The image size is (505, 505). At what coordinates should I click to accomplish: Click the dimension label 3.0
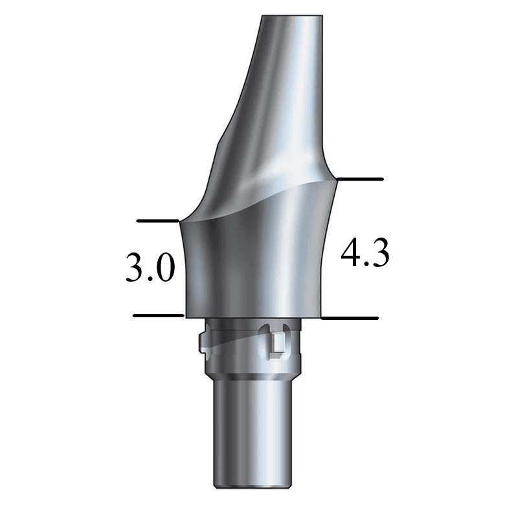pos(150,269)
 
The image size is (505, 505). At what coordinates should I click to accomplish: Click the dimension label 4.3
pos(365,254)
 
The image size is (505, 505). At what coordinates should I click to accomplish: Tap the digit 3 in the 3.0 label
pos(135,269)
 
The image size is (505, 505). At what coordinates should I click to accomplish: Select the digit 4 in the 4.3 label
pos(351,254)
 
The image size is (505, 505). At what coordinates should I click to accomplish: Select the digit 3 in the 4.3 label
pos(379,254)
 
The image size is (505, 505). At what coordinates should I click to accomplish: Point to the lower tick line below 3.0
pos(159,315)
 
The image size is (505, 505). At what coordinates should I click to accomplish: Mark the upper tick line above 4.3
pos(361,178)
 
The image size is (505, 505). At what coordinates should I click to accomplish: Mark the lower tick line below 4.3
pos(350,318)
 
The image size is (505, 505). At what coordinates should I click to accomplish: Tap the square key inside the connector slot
pos(277,350)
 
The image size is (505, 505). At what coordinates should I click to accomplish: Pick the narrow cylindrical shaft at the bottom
pos(252,434)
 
